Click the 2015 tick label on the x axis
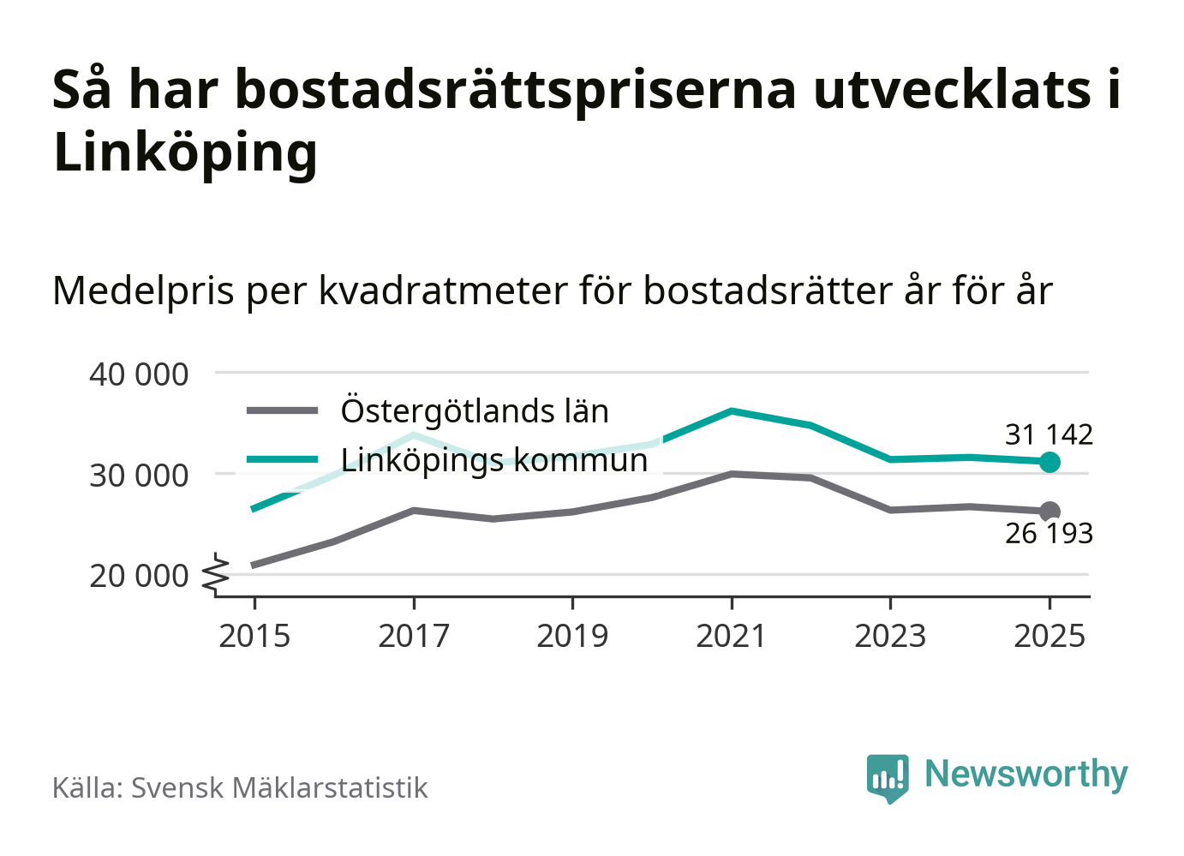coord(254,636)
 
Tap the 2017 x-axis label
coord(414,636)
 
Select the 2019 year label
coord(572,636)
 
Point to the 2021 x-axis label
coord(732,636)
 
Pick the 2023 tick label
coord(890,636)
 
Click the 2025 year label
coord(1049,636)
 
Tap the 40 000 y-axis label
coord(139,374)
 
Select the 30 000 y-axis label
coord(139,475)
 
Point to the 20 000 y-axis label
coord(139,576)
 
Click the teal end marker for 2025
coord(1049,462)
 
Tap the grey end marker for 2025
coord(1049,512)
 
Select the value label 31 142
coord(1049,434)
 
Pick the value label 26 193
coord(1049,534)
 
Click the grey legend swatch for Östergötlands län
coord(282,411)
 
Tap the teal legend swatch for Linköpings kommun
coord(282,460)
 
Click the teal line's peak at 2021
coord(732,411)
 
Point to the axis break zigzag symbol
coord(217,574)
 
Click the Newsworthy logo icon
coord(887,777)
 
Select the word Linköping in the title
coord(185,153)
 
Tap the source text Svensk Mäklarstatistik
coord(278,788)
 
